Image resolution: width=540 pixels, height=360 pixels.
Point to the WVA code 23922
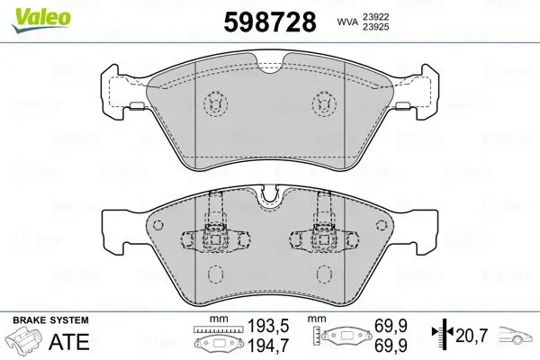tap(373, 15)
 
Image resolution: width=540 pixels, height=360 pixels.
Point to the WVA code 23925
tap(373, 27)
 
